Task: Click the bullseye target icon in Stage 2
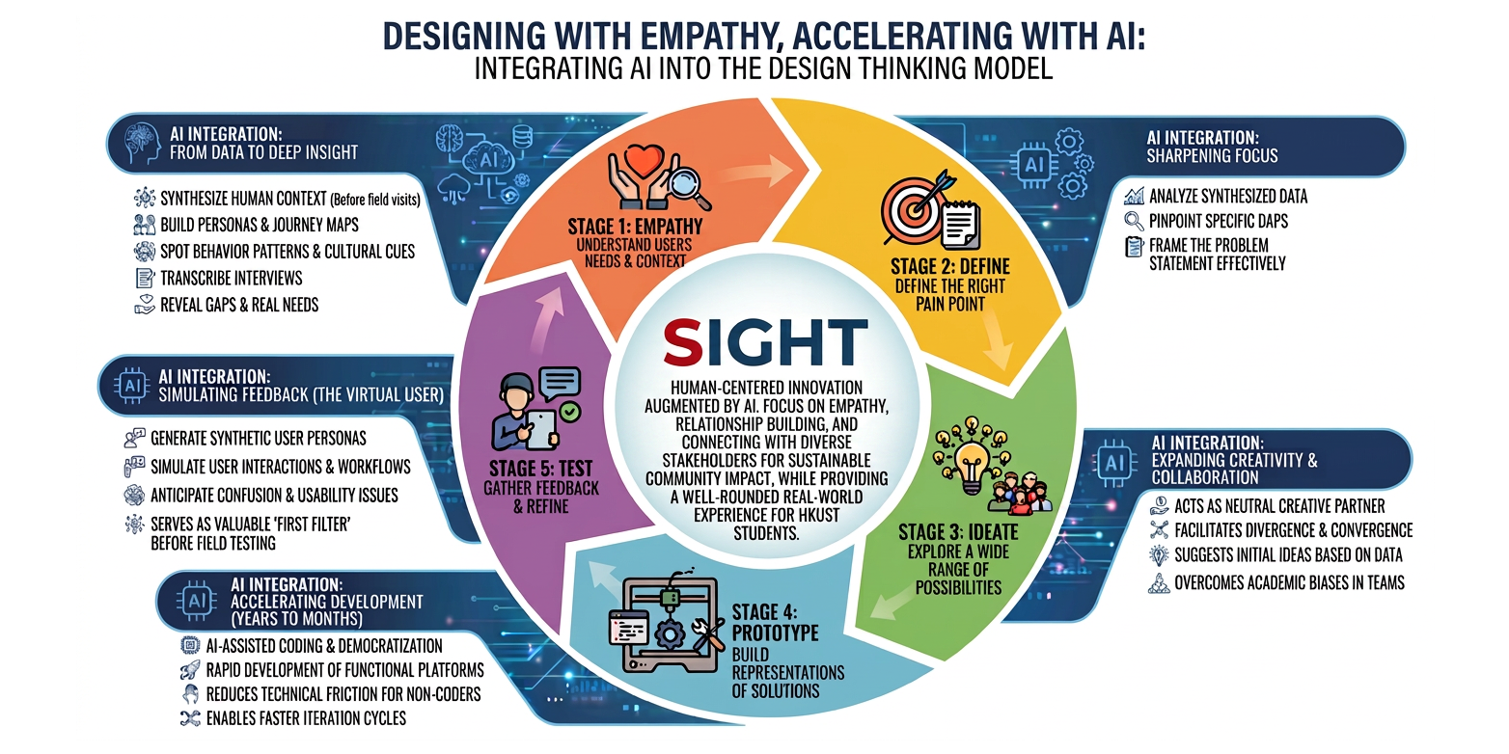pos(914,208)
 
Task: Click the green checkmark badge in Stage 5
pos(570,412)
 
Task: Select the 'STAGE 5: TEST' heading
pos(541,469)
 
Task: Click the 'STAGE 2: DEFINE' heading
pos(949,266)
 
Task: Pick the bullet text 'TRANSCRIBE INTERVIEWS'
pos(231,278)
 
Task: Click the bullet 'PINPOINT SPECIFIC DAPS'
pos(1218,221)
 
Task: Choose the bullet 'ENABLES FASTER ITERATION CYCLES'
pos(306,718)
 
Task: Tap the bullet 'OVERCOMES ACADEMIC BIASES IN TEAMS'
pos(1289,582)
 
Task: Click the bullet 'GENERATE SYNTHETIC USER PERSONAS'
pos(258,439)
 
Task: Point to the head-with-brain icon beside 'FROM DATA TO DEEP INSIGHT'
pos(142,144)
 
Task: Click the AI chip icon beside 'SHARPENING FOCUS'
pos(1033,165)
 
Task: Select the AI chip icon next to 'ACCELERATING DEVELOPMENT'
pos(197,601)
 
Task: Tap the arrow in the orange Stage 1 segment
pos(755,172)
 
